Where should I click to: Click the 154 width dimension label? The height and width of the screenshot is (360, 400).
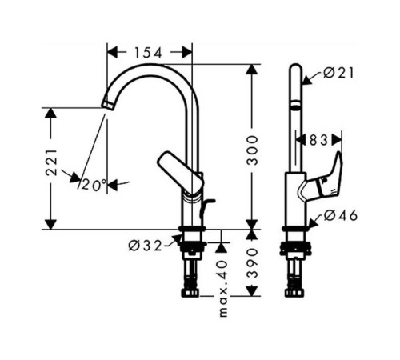coord(148,53)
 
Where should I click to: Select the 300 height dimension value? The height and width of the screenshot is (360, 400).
coord(253,148)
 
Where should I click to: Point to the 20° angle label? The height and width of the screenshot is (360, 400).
coord(93,185)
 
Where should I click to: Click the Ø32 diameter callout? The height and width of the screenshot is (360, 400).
coord(145,245)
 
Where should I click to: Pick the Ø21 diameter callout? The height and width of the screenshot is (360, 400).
coord(339,74)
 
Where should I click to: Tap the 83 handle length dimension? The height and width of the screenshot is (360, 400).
coord(318,140)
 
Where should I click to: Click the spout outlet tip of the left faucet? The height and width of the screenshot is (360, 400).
coord(106,105)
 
